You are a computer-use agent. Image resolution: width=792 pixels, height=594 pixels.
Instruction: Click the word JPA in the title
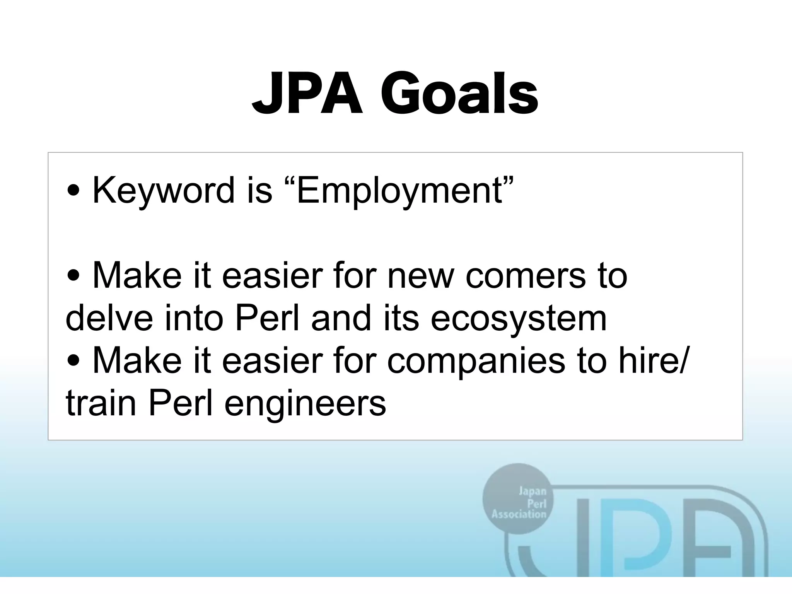point(307,94)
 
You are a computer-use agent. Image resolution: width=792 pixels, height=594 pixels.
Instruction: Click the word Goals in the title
point(459,94)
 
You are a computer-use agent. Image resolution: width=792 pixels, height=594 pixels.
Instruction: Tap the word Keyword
point(164,190)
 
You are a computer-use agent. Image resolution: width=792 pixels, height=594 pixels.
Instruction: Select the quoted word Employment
point(400,190)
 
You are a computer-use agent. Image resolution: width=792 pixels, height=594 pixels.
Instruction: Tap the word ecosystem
point(518,318)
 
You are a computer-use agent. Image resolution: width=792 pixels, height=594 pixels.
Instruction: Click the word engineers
point(305,403)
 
